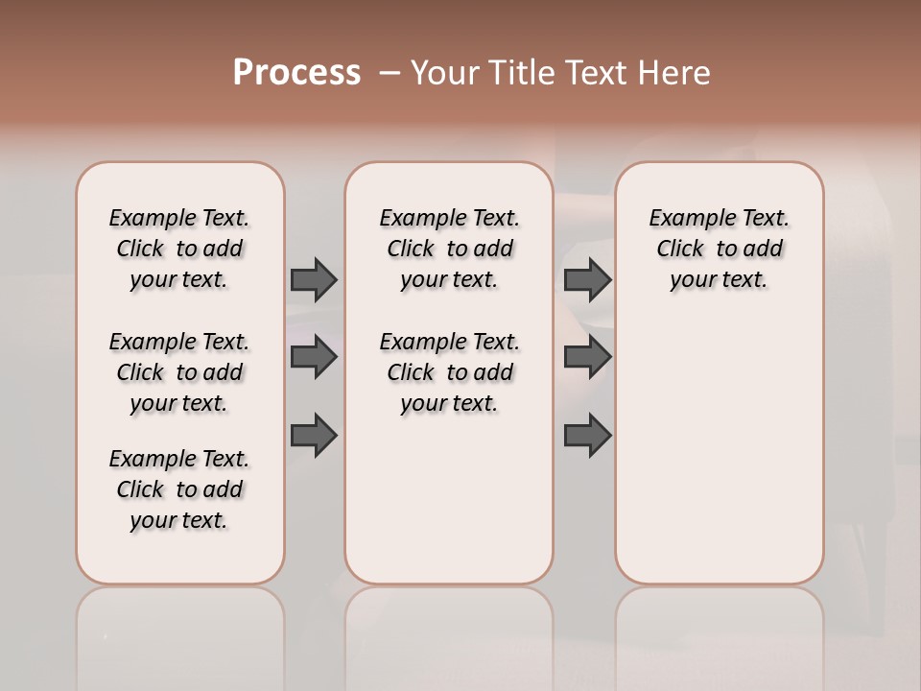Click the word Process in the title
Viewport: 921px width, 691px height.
click(x=296, y=72)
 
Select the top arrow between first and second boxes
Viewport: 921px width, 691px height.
click(x=314, y=279)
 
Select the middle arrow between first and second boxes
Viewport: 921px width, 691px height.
click(x=314, y=357)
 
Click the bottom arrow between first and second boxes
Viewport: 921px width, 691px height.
click(x=314, y=436)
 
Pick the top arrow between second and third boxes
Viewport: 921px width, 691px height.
click(x=587, y=279)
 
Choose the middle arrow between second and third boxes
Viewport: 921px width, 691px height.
click(x=587, y=357)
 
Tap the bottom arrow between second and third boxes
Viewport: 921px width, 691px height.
click(x=587, y=436)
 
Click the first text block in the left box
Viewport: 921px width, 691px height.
click(x=179, y=249)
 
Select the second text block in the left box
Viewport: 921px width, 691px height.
click(x=179, y=372)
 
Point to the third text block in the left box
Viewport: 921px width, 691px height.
click(x=179, y=489)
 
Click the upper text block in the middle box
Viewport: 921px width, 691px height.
click(x=449, y=249)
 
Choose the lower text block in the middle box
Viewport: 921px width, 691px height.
click(x=449, y=372)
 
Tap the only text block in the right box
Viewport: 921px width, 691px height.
click(x=719, y=249)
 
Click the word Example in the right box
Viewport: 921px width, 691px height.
click(x=687, y=219)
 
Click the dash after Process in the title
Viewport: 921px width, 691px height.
click(x=389, y=72)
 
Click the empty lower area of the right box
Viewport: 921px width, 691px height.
click(x=719, y=451)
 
